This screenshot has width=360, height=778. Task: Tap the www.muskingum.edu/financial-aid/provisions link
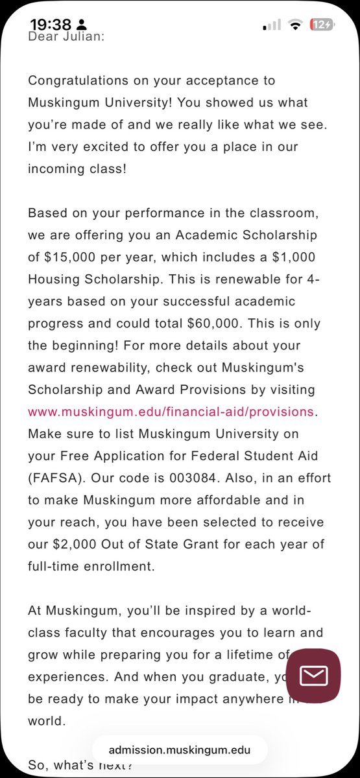coord(171,412)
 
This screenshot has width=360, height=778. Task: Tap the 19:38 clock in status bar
coord(51,25)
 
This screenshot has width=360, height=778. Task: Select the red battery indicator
coord(322,25)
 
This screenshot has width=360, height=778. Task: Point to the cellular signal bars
coord(272,25)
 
